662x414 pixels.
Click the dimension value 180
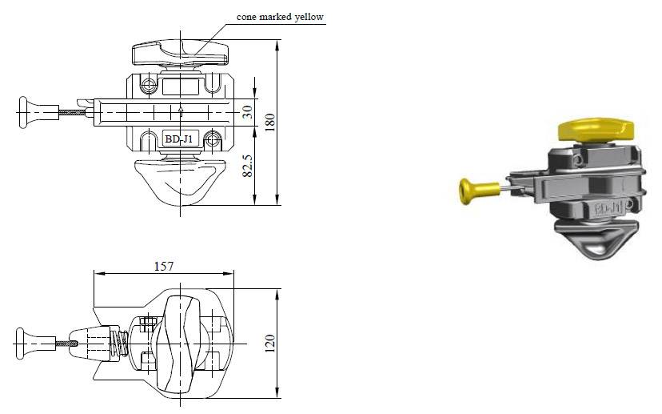pyautogui.click(x=269, y=122)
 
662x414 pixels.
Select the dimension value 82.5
pyautogui.click(x=248, y=164)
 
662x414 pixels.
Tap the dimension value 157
pyautogui.click(x=164, y=265)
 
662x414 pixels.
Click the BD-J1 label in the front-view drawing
pyautogui.click(x=177, y=139)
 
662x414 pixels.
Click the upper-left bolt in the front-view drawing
pyautogui.click(x=149, y=84)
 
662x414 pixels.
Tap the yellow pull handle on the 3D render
pyautogui.click(x=472, y=190)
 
